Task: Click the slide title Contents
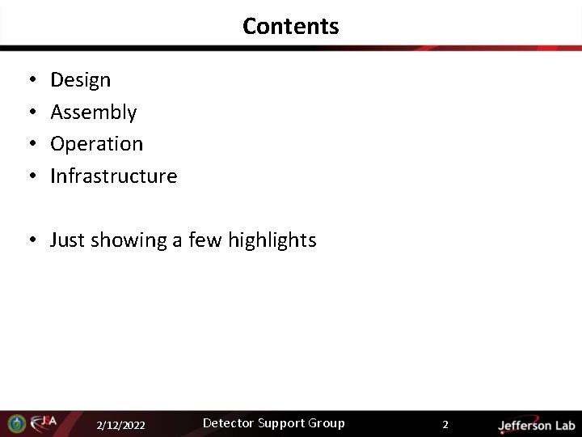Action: click(x=290, y=26)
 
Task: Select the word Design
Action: click(x=80, y=80)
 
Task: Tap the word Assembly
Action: click(x=93, y=112)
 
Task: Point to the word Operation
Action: click(x=96, y=144)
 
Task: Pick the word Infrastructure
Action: click(x=113, y=176)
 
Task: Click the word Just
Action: click(x=67, y=240)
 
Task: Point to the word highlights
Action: click(x=272, y=240)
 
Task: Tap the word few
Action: click(x=205, y=240)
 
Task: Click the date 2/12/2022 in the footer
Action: click(x=120, y=425)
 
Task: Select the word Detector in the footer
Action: click(x=229, y=423)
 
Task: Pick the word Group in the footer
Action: click(x=326, y=423)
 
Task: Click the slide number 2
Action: click(x=445, y=424)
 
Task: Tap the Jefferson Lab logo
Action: click(x=536, y=425)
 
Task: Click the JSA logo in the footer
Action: click(x=44, y=422)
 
